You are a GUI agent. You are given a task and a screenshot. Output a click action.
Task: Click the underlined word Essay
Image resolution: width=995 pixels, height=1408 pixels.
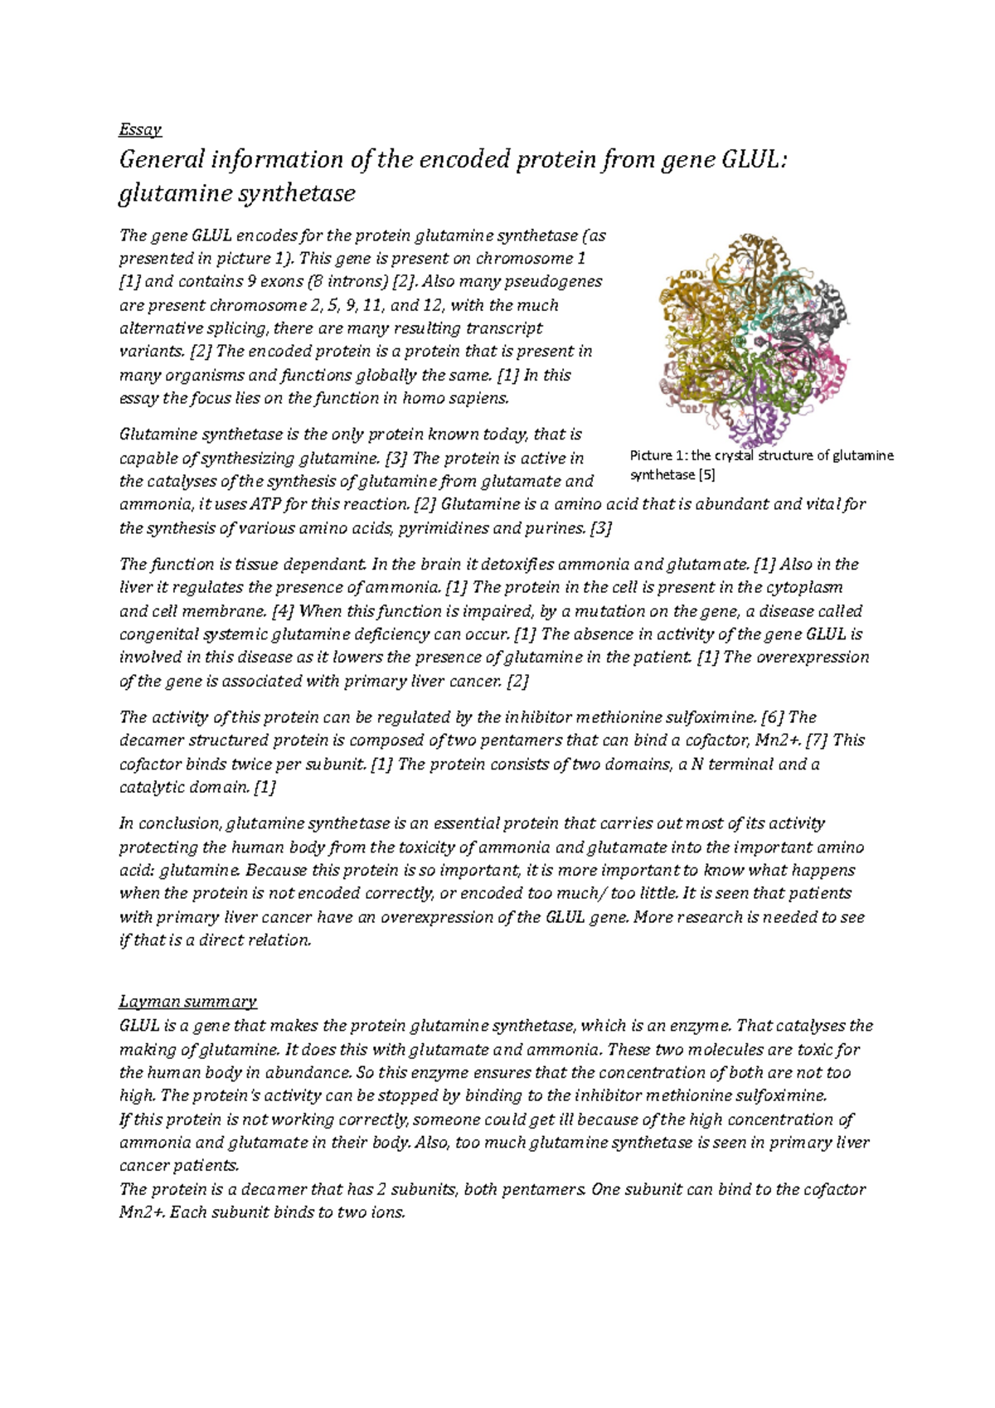tap(140, 129)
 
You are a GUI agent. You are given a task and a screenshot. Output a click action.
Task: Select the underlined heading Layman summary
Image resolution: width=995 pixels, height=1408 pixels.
tap(188, 1001)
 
